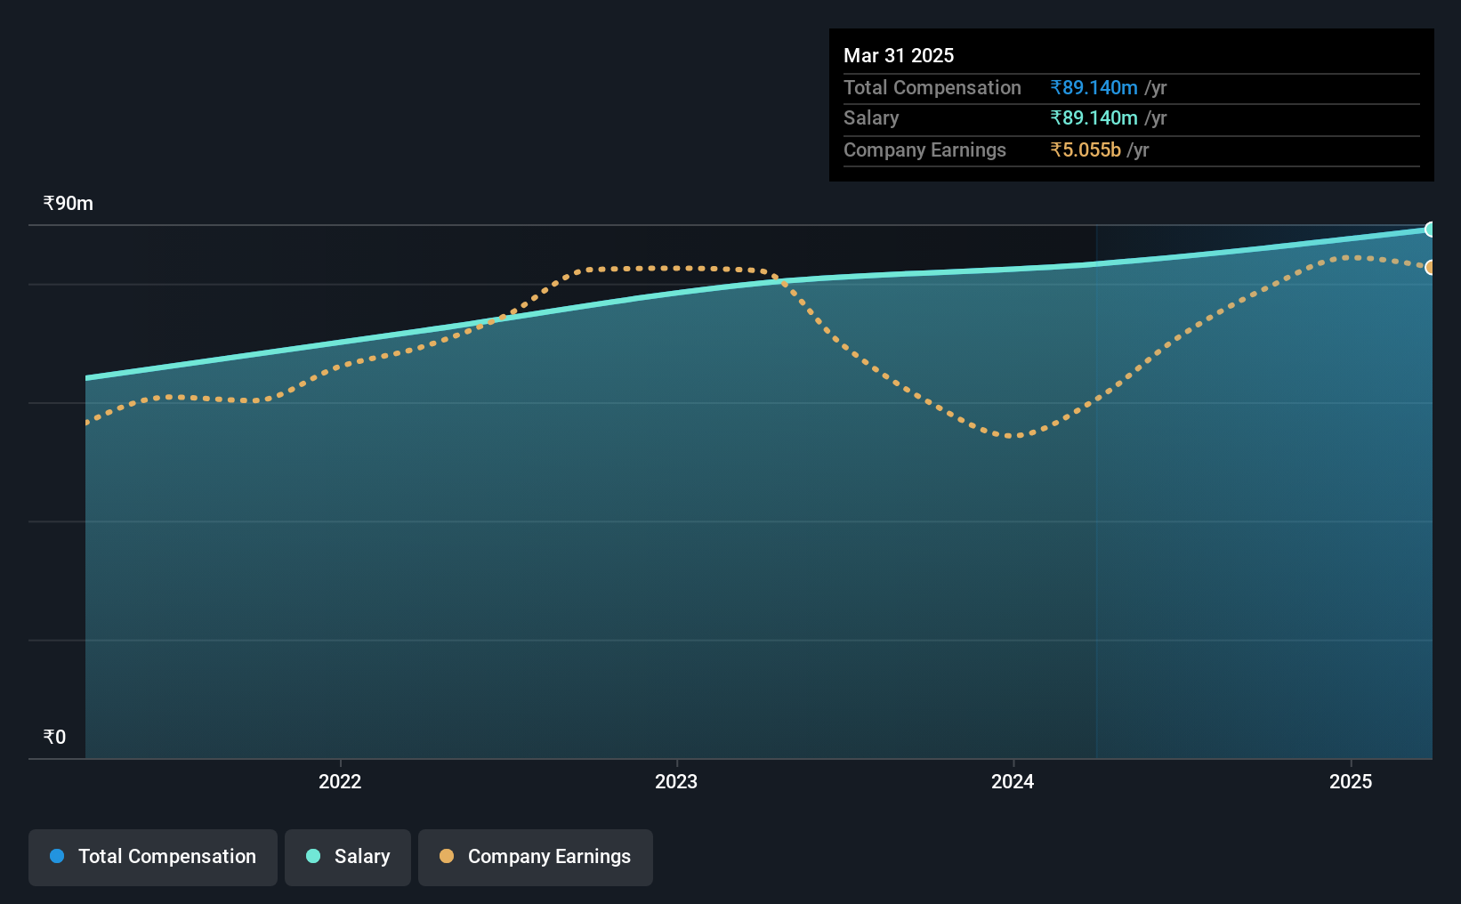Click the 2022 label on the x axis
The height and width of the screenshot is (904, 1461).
point(340,781)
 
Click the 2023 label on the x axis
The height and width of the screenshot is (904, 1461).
point(676,781)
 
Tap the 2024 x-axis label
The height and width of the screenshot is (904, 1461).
point(1013,781)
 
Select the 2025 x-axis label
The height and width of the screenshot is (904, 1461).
point(1351,781)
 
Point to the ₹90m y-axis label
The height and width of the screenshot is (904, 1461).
point(69,204)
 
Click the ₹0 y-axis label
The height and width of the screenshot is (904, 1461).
point(55,737)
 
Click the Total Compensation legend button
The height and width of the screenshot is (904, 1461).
point(153,857)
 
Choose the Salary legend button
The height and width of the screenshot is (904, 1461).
point(348,857)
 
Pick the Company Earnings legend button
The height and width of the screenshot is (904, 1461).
point(536,857)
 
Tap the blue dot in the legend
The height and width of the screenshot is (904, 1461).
point(58,856)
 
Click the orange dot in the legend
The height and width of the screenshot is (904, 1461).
point(447,856)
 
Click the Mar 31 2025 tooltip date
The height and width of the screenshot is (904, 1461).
point(899,55)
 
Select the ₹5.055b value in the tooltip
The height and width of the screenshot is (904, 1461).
point(1086,150)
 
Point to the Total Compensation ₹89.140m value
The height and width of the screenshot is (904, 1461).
point(1094,87)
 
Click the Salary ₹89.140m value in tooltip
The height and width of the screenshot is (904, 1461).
point(1094,118)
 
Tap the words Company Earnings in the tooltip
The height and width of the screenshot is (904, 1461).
point(924,150)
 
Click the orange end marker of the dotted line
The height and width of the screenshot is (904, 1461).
point(1428,268)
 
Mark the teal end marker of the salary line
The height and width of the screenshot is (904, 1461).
point(1428,230)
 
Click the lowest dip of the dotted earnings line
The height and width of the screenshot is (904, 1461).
point(1013,436)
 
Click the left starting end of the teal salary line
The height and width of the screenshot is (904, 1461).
point(86,377)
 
